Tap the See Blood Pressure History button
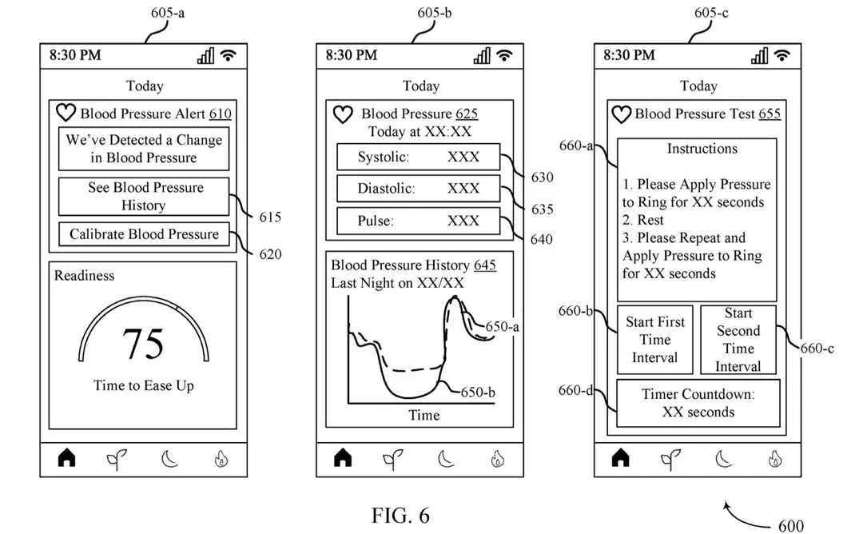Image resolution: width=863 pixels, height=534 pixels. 144,196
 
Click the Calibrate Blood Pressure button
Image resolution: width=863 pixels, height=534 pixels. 144,234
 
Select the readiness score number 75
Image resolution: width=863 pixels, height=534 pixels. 143,344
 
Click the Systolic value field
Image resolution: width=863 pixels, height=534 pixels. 418,157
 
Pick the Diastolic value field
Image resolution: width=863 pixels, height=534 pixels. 418,189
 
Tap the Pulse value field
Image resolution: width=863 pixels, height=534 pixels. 418,221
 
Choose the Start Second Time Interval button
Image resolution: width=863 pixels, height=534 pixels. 738,340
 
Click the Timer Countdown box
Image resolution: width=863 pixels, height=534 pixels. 698,403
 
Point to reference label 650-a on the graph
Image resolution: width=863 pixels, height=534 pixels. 502,327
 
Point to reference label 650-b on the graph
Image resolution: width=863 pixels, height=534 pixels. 478,393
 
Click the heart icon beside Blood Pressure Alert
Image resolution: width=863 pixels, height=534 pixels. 66,113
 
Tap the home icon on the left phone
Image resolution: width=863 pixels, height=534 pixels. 66,457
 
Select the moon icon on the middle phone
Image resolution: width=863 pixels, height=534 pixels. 446,459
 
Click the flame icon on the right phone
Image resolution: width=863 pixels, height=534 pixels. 775,459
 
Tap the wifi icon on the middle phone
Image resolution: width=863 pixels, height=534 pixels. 504,55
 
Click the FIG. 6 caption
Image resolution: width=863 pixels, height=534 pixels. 400,516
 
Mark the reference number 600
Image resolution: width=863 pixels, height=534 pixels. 791,526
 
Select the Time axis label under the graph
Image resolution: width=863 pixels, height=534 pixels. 424,415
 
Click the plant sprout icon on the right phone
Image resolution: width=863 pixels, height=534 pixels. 670,459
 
